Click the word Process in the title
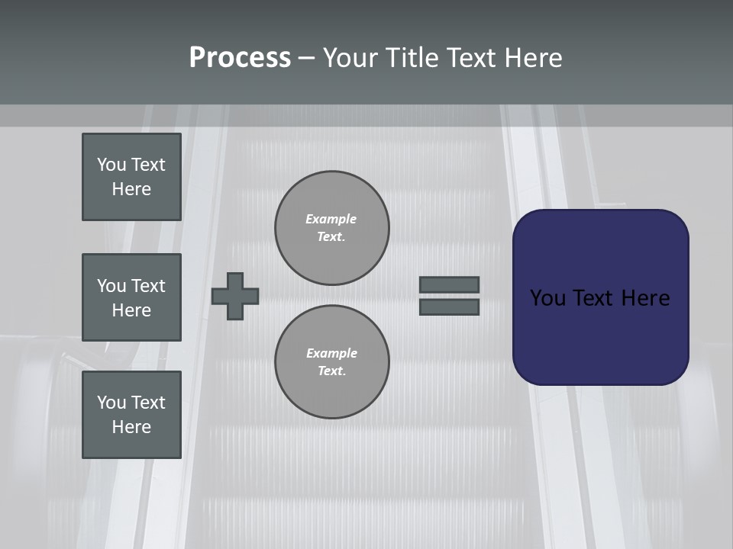[240, 58]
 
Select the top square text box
[131, 177]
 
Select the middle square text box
[131, 297]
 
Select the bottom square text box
[131, 415]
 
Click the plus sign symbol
[235, 296]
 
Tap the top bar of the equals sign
[449, 284]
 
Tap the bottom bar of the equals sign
[449, 307]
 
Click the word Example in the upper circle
[331, 219]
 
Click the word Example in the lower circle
[331, 353]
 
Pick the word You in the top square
[111, 165]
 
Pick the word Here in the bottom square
[131, 427]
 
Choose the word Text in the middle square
[148, 286]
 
